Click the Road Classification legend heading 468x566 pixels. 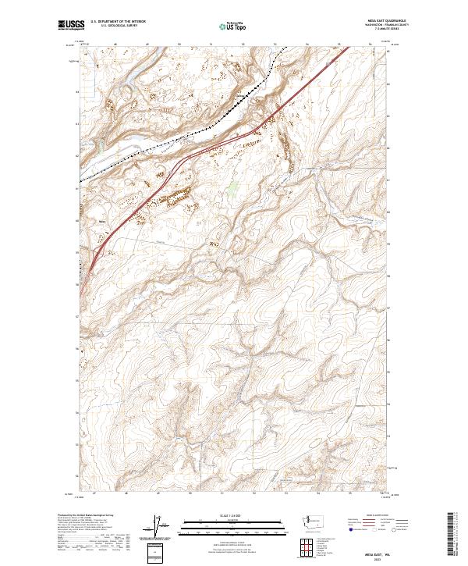tap(373, 515)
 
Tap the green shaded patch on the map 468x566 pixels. tap(232, 187)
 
